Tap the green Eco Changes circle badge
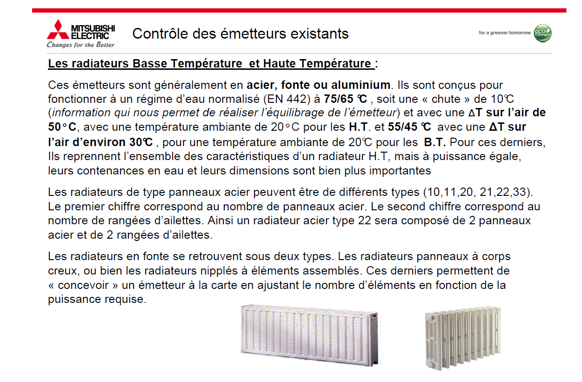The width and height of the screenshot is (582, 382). (543, 33)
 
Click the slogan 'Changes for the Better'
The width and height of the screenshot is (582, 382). (80, 45)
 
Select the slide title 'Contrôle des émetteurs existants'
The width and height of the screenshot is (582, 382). (240, 34)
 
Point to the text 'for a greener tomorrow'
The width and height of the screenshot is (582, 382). (504, 33)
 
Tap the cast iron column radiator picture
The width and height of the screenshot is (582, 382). (462, 336)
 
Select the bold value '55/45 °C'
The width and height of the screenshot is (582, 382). (412, 127)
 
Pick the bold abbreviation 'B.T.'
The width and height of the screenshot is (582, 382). (435, 141)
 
